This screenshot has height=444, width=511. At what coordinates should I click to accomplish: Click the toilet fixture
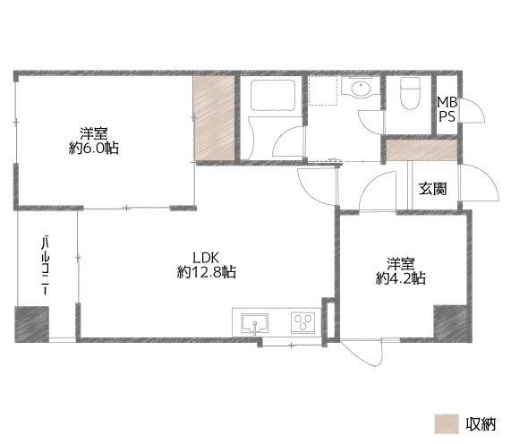pos(410,93)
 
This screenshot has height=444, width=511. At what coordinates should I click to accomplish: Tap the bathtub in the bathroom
pos(273,95)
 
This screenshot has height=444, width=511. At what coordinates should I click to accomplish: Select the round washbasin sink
pos(360,88)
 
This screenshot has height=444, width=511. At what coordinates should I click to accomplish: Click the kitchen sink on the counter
pos(255,323)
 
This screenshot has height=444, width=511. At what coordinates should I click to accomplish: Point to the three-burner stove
pos(303,323)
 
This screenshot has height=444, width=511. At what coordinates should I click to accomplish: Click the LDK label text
pos(206,258)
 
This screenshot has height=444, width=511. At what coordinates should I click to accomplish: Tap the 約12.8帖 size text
pos(207,271)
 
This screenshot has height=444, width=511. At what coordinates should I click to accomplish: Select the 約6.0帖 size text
pos(94,149)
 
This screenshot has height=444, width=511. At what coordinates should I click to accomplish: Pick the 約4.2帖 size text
pos(401,278)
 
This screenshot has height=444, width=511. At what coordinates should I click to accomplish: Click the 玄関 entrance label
pos(432,188)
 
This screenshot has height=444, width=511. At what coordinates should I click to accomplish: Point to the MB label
pos(447,102)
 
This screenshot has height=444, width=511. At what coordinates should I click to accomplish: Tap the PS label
pos(447,116)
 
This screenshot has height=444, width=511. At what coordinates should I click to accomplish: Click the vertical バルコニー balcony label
pos(46,265)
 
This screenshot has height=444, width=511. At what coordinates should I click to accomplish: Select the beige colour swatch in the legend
pos(447,423)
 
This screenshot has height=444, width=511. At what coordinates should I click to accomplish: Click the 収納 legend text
pos(481,424)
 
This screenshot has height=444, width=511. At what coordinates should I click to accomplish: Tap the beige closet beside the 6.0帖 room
pos(214,118)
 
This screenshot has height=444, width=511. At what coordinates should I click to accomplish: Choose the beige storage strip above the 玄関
pos(422,150)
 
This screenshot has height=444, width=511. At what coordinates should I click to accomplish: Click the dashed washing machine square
pos(323,90)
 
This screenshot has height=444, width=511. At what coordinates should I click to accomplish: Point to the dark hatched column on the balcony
pos(32,324)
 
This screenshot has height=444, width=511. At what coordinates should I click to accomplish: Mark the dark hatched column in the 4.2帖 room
pos(452,323)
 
